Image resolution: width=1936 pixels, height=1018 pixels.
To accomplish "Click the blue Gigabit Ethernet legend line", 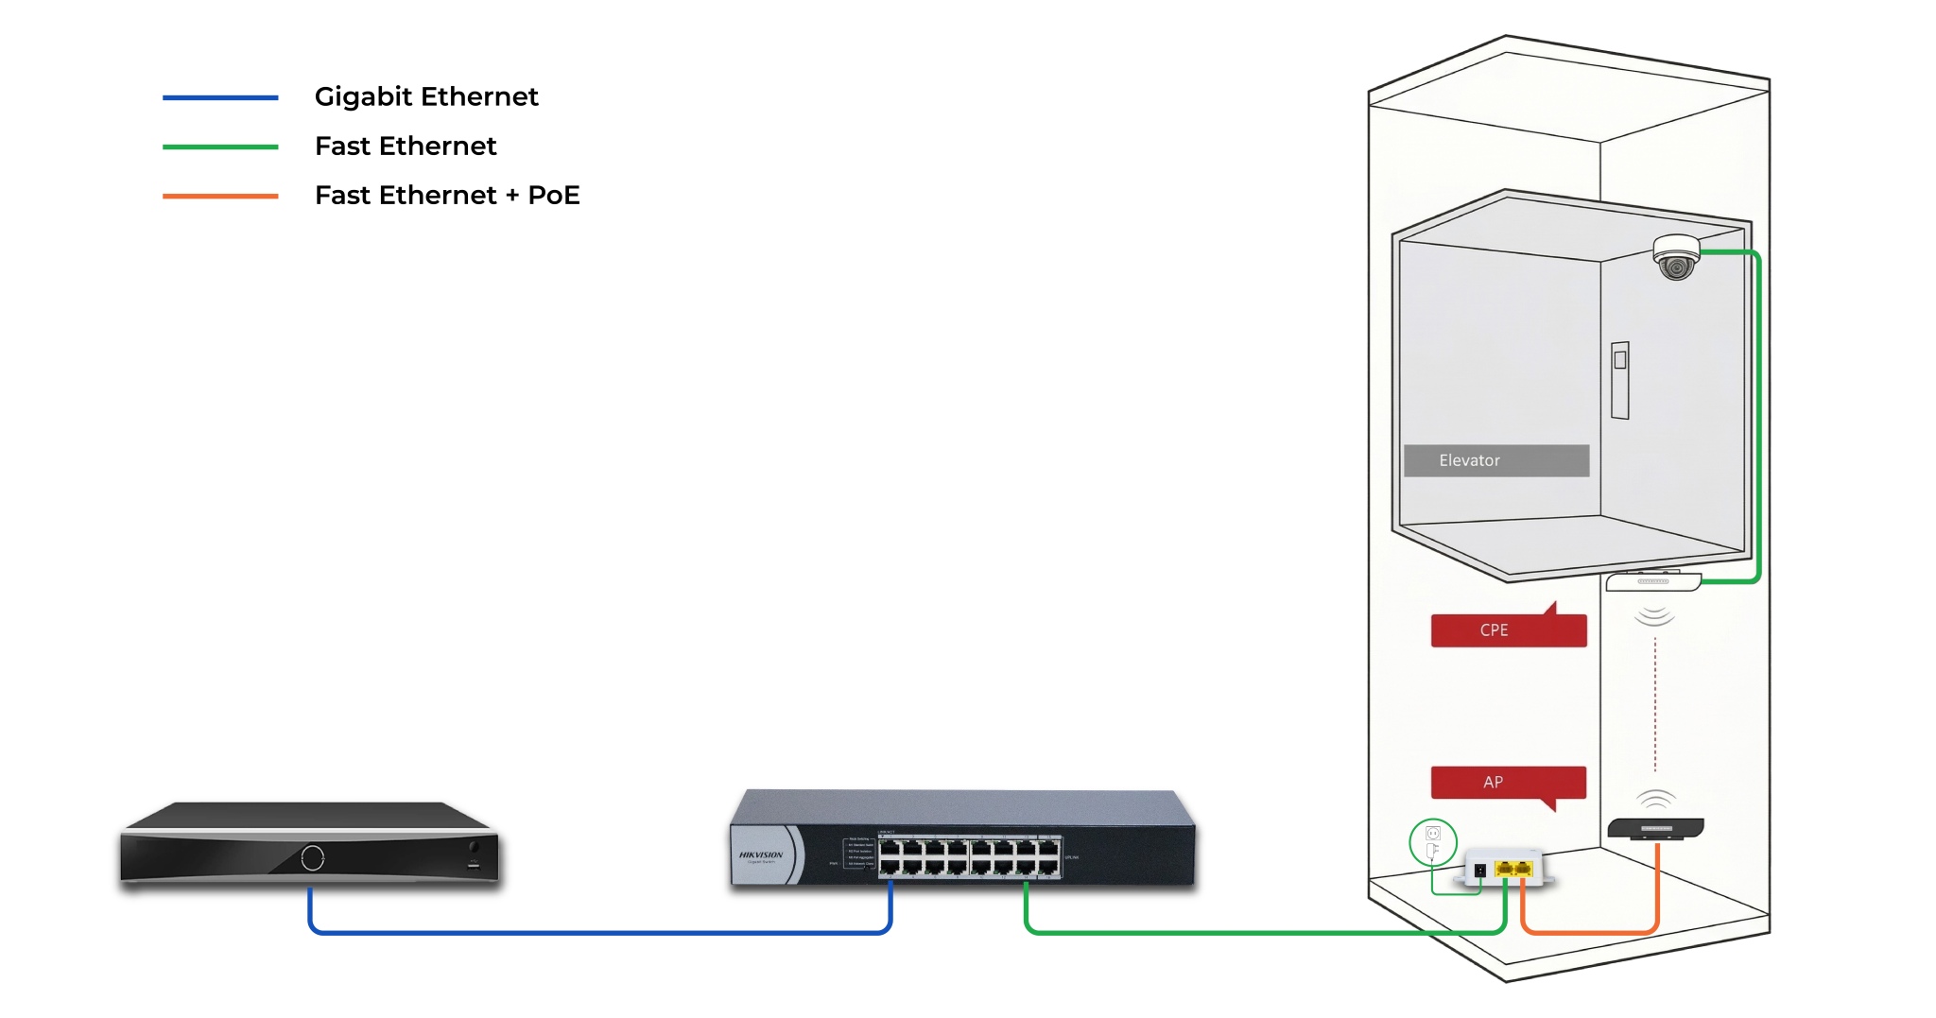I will coord(220,97).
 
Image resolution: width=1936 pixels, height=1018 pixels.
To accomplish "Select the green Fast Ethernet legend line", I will coord(220,147).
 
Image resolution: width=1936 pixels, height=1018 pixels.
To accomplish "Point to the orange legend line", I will coord(220,196).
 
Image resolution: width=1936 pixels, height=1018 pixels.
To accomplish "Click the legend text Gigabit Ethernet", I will coord(426,96).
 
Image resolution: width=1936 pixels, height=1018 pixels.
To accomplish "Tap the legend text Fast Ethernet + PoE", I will coord(447,195).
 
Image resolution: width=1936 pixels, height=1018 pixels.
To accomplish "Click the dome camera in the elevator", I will coord(1676,257).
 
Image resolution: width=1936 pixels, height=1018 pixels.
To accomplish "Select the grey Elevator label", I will coord(1495,460).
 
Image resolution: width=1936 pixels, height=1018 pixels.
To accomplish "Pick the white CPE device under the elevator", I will coord(1653,581).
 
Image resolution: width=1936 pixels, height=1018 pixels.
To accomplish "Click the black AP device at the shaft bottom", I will coord(1655,829).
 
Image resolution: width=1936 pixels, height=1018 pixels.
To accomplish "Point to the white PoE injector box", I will coord(1505,867).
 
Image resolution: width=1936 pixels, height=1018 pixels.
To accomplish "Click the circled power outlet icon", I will coord(1432,841).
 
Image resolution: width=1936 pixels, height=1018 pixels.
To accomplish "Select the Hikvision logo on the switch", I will coord(761,855).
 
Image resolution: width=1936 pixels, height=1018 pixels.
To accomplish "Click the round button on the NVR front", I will coord(313,857).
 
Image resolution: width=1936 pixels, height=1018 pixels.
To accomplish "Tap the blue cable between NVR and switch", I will coord(600,933).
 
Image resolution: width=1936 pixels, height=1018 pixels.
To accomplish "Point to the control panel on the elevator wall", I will coord(1620,380).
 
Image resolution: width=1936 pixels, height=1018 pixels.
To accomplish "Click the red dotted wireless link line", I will coord(1655,704).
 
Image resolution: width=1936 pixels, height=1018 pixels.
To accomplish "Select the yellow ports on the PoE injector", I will coord(1513,869).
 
